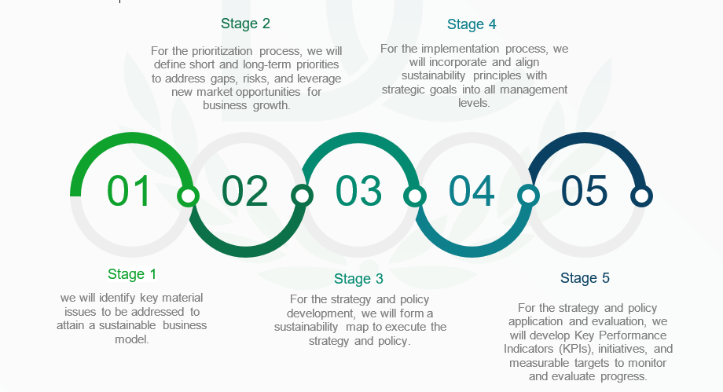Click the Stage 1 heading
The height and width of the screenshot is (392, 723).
132,274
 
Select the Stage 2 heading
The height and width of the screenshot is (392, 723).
245,24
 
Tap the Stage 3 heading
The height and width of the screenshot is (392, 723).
358,279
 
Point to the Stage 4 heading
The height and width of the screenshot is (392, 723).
472,24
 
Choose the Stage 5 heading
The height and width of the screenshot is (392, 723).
585,278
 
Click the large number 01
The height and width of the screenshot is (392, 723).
129,190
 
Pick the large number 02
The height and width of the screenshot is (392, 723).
245,190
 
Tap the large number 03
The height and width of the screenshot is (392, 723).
358,190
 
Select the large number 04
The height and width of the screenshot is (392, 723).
472,190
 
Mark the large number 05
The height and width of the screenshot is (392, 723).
584,190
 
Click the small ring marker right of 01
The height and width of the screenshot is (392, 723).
188,196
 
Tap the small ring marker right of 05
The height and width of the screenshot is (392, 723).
641,196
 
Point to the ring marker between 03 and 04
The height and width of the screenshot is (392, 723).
414,196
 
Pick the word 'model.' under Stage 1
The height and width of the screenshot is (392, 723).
132,339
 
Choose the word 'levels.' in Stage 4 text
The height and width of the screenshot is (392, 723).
474,103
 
